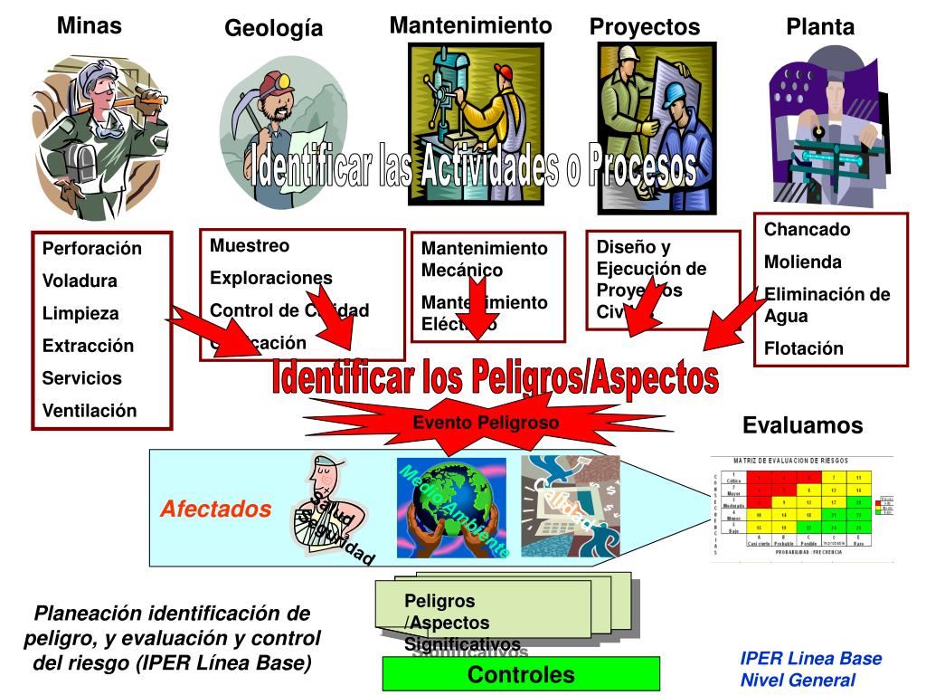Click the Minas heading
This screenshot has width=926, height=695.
pos(89,26)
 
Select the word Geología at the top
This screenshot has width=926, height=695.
pos(273,29)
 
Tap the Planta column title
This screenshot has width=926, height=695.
pos(819,27)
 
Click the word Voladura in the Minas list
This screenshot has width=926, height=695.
pos(80,281)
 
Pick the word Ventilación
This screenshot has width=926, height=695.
pos(90,411)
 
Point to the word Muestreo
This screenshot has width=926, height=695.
pos(250,245)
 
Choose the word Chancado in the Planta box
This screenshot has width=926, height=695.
pos(808,230)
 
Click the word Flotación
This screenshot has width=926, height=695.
pos(804,348)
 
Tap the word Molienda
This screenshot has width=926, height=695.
pos(803,262)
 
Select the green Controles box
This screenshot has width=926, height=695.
pos(521,674)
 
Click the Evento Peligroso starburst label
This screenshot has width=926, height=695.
pos(486,423)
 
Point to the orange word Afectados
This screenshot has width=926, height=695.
pos(216,509)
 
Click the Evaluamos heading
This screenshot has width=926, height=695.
pos(802,425)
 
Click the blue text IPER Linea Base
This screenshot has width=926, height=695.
pos(810,659)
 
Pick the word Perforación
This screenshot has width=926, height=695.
pos(92,248)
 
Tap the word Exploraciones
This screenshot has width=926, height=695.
pos(270,278)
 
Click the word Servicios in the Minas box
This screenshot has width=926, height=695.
pos(81,378)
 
